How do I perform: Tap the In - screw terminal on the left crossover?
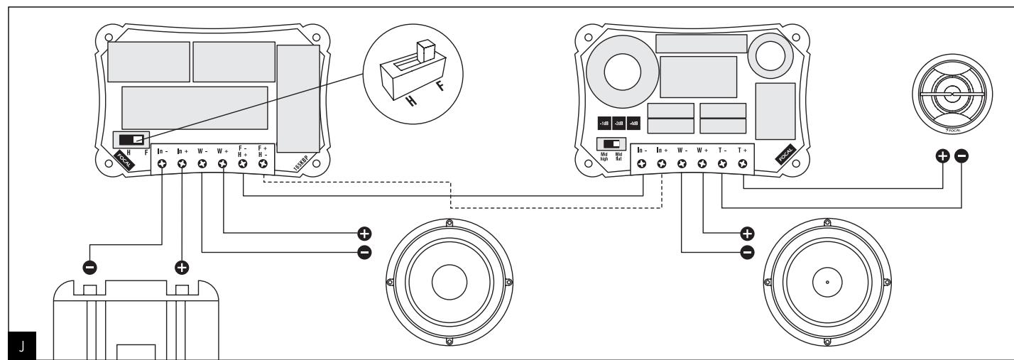click(x=162, y=164)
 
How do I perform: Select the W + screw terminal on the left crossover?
click(x=222, y=164)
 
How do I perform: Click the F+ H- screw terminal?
click(x=263, y=164)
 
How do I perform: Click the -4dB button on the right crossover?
click(x=634, y=123)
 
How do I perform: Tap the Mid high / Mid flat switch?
click(x=606, y=144)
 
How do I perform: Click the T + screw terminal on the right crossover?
click(x=743, y=164)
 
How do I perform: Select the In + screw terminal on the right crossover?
click(x=661, y=164)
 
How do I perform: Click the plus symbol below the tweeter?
click(x=943, y=157)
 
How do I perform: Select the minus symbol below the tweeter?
click(x=961, y=157)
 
